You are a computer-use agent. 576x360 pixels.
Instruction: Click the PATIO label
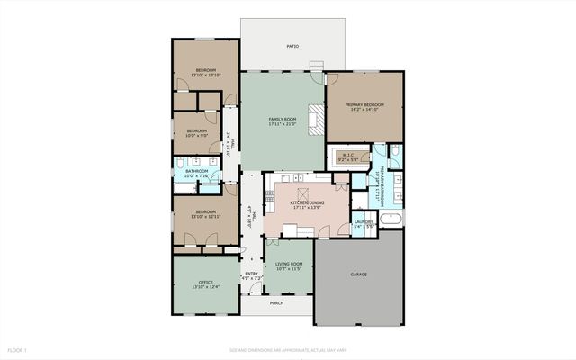(292, 45)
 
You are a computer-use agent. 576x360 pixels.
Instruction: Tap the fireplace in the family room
(316, 120)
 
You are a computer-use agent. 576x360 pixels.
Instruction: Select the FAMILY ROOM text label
(282, 120)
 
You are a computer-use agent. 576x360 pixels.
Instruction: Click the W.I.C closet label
(347, 157)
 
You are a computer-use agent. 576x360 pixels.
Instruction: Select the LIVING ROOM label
(289, 264)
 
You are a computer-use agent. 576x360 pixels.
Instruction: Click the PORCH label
(277, 303)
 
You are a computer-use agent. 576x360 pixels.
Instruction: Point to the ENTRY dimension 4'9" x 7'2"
(251, 279)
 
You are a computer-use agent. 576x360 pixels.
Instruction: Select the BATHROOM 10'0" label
(197, 171)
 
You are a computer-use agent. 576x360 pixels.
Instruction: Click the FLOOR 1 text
(18, 349)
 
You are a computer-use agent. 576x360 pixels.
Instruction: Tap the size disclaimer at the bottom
(287, 349)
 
